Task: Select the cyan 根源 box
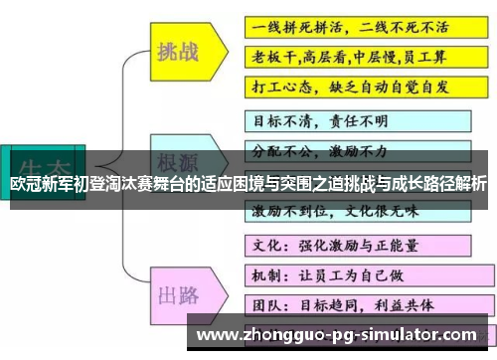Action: pyautogui.click(x=181, y=162)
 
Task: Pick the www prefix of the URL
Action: pyautogui.click(x=217, y=334)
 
